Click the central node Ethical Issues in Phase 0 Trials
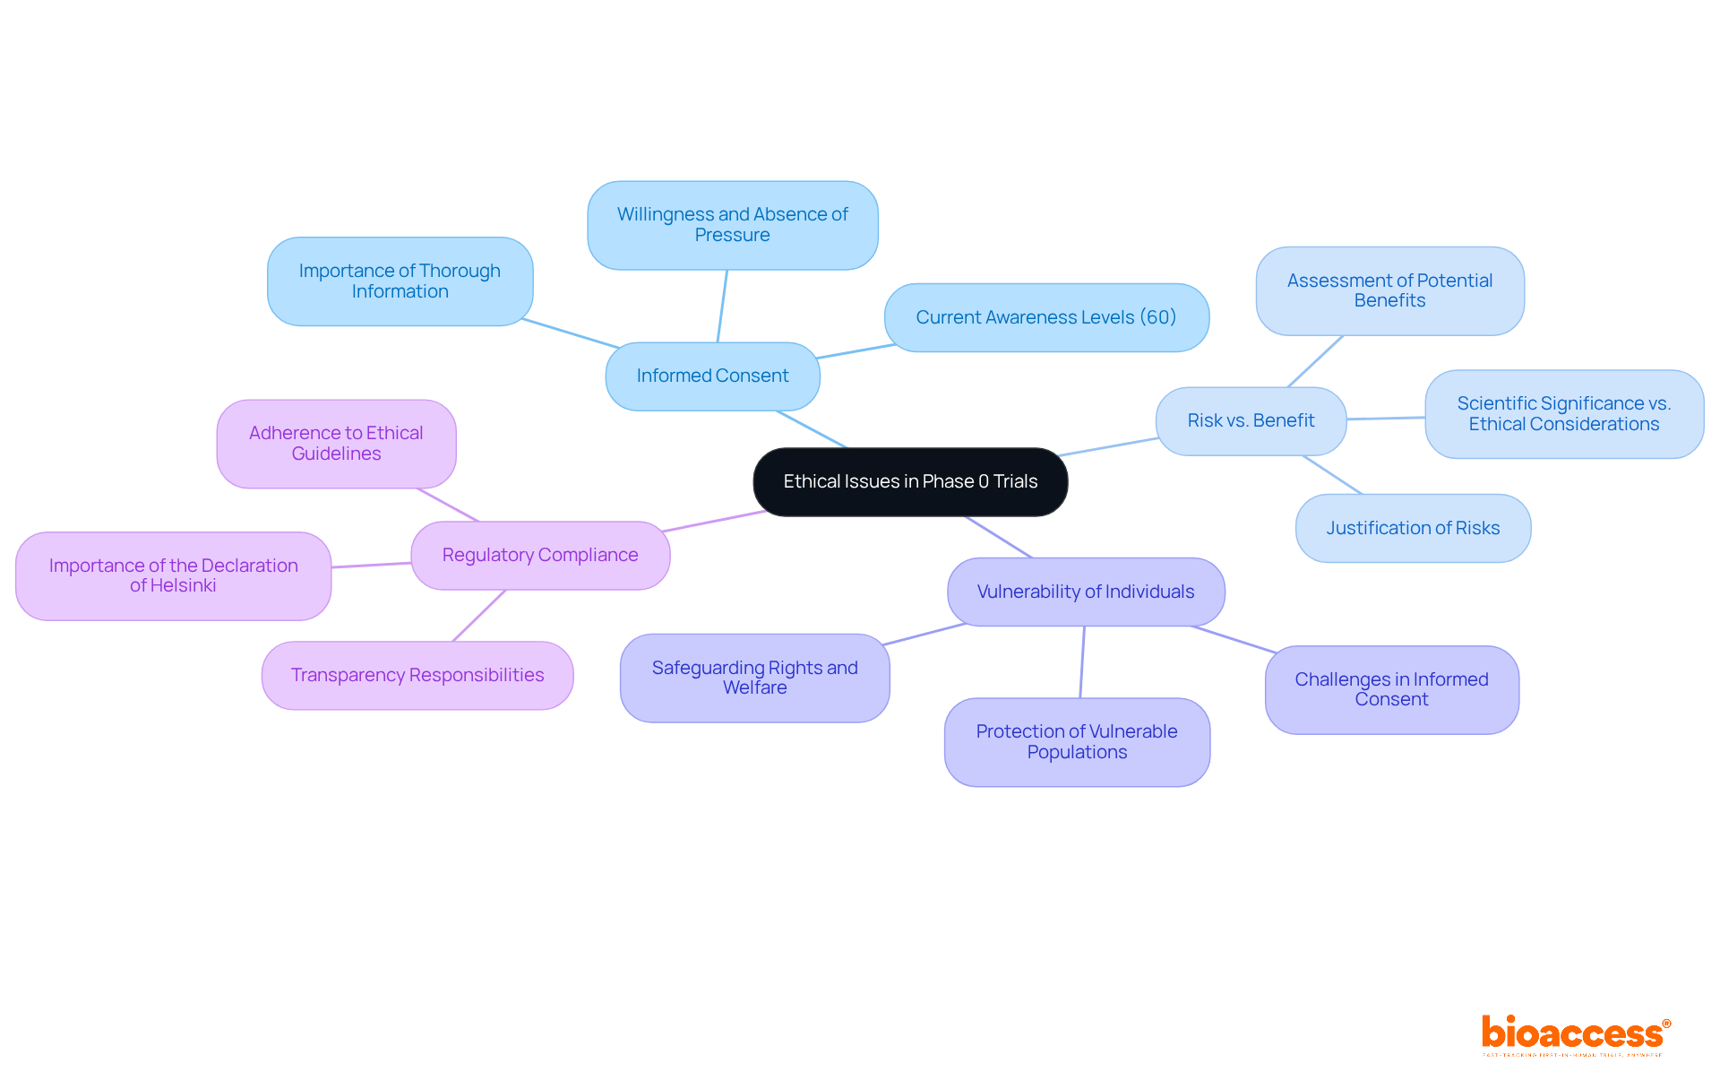coord(910,482)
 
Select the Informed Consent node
coord(712,376)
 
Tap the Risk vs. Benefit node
coord(1251,421)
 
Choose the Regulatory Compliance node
coord(540,556)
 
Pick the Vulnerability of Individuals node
coord(1086,592)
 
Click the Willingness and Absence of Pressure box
coord(732,225)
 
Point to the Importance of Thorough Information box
coord(400,281)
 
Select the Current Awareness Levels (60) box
coord(1046,318)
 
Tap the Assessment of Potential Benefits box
coord(1389,291)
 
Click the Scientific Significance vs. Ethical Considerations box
coord(1564,414)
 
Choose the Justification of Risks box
coord(1413,529)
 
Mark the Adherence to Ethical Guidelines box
coord(336,444)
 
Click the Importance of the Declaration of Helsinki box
coord(173,576)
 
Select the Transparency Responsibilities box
coord(417,676)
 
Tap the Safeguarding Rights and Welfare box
coord(754,678)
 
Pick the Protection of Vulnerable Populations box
coord(1077,742)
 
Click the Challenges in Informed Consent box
coord(1391,690)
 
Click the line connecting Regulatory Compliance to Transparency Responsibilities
coord(479,616)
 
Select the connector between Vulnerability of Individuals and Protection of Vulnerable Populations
coord(1082,662)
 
